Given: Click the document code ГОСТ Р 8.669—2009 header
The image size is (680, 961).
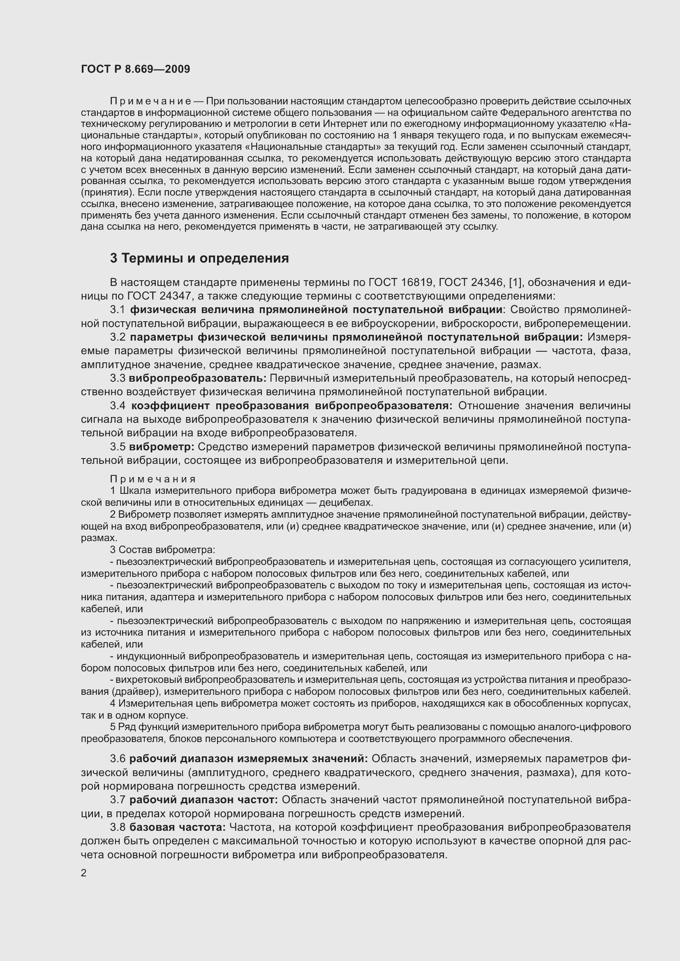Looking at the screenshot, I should [x=135, y=69].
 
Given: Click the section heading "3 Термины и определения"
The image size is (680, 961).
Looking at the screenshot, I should [x=199, y=258].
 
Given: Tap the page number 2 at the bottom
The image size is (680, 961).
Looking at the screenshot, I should [x=84, y=873].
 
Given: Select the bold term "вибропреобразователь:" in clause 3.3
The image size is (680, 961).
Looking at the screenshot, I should [x=197, y=378].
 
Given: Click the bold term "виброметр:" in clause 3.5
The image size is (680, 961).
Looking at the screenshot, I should [x=162, y=447].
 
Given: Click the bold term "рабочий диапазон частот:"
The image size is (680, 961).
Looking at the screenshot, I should [x=204, y=800].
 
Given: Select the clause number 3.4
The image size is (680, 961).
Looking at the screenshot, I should [x=118, y=406].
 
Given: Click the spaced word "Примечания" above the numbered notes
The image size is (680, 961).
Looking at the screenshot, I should [x=153, y=479].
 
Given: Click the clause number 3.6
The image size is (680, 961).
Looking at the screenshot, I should [x=118, y=759].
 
